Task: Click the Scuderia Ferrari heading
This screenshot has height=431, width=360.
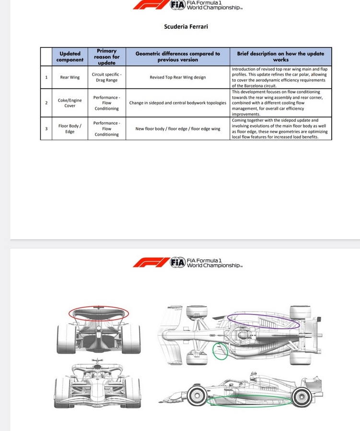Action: [186, 26]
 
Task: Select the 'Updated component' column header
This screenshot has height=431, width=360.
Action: [70, 57]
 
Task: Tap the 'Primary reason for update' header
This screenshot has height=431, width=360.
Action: [106, 57]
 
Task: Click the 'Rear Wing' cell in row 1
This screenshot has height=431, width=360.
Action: [70, 77]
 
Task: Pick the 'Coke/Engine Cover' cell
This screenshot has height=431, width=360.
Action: [70, 103]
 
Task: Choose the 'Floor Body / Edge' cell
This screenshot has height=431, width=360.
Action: [70, 128]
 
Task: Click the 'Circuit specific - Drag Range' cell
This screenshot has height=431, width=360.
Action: [106, 77]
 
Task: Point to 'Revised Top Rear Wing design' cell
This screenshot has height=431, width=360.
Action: [177, 77]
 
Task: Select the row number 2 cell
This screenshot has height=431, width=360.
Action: [46, 103]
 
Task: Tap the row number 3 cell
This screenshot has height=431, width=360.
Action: [46, 128]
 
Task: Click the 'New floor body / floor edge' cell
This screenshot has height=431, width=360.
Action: [177, 128]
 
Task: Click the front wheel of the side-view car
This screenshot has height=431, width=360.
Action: [197, 396]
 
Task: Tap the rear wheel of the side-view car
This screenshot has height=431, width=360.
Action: [302, 396]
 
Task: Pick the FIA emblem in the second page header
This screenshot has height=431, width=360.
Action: [177, 262]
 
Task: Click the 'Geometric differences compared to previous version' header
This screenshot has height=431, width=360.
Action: [177, 57]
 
